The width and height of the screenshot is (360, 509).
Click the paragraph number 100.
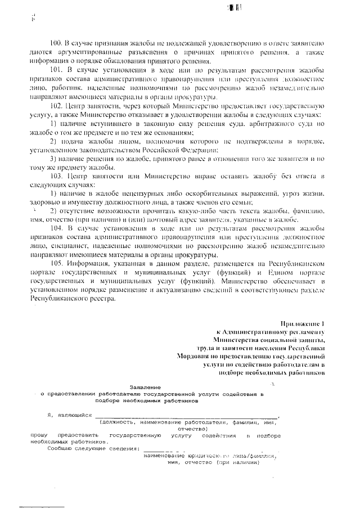click(x=58, y=43)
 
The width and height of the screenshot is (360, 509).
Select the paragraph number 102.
click(x=58, y=105)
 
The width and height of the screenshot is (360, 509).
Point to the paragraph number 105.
click(x=58, y=263)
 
